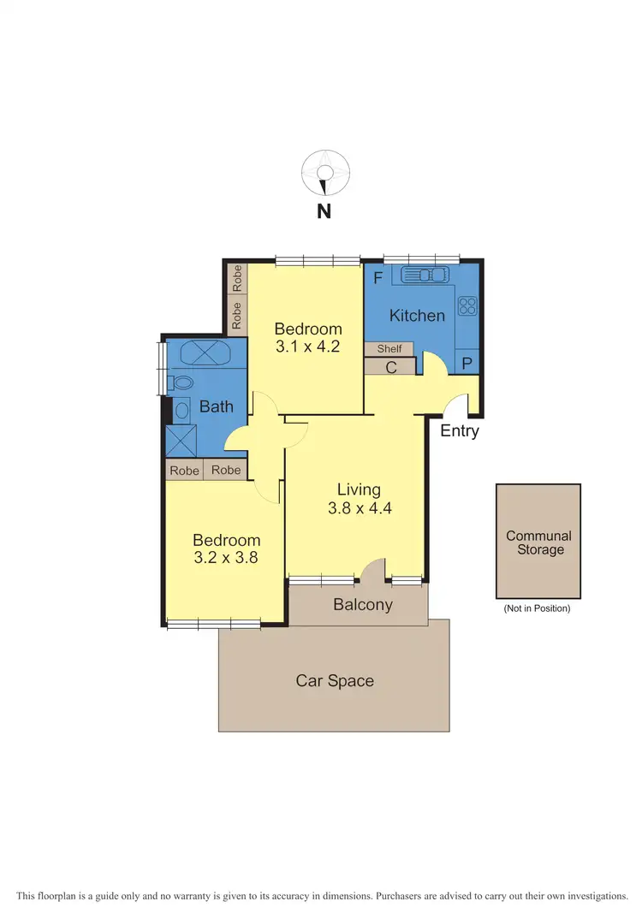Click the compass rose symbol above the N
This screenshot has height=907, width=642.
click(x=324, y=173)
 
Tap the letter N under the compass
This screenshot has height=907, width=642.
click(x=324, y=211)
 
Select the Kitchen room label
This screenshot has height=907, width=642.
click(x=417, y=316)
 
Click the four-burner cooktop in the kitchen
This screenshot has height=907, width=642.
click(x=467, y=306)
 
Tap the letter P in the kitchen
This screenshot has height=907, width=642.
click(x=467, y=364)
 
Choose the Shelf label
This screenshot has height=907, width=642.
click(x=389, y=349)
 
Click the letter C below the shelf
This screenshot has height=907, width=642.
click(x=390, y=367)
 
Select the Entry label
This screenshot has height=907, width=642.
click(x=460, y=431)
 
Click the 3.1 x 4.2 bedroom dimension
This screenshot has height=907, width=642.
click(x=307, y=347)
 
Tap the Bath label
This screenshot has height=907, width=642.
click(x=216, y=406)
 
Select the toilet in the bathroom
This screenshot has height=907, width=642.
click(x=181, y=382)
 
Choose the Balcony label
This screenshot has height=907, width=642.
click(x=362, y=605)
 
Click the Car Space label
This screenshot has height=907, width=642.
click(x=335, y=681)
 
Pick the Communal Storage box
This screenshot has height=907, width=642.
click(x=538, y=541)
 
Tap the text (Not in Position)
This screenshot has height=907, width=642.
click(x=538, y=608)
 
